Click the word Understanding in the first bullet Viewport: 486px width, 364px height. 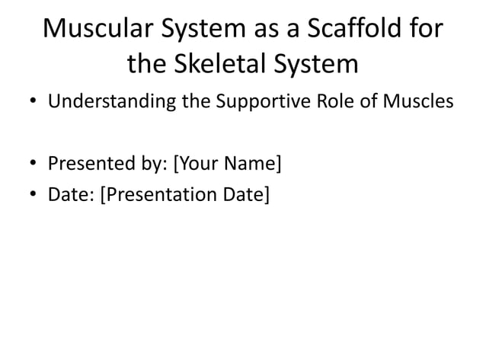pyautogui.click(x=111, y=101)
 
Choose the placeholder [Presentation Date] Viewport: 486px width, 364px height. pyautogui.click(x=185, y=194)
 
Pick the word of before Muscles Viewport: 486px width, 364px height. pyautogui.click(x=369, y=101)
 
